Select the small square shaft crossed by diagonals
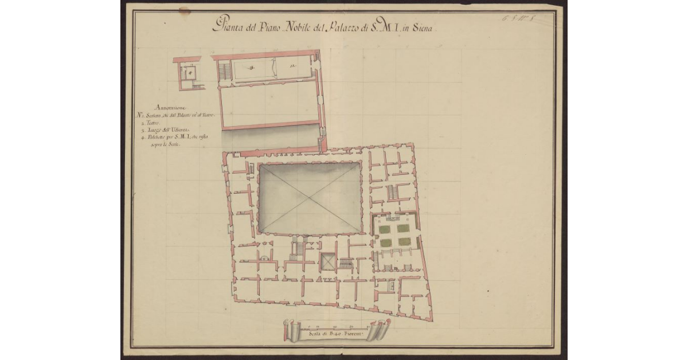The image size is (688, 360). pos(329,262)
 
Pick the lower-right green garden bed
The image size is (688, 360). pos(404,242)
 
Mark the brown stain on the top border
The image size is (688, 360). pos(185,10)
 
